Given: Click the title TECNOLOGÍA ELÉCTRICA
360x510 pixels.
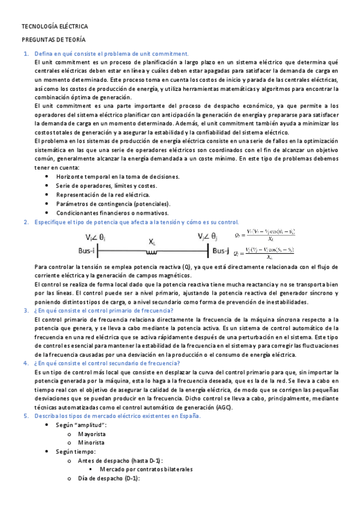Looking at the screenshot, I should pyautogui.click(x=55, y=27).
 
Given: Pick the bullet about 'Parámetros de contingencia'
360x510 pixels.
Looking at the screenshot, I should pyautogui.click(x=113, y=204).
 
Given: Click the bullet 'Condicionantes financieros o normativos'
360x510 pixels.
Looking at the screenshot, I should pyautogui.click(x=112, y=213).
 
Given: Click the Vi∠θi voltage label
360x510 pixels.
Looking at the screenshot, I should pyautogui.click(x=96, y=237).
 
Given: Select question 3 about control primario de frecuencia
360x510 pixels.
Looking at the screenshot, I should pyautogui.click(x=104, y=310).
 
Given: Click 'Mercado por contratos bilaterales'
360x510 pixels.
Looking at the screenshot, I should pyautogui.click(x=146, y=469).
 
